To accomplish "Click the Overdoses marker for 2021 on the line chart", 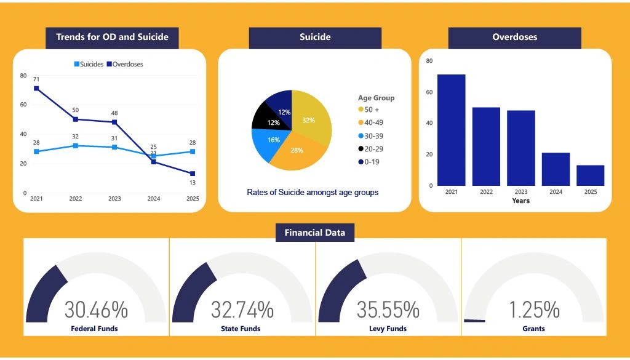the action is coord(36,89).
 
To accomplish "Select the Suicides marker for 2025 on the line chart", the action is coord(193,151).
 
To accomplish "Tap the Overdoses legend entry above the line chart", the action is coord(124,64).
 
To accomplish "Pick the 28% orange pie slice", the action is coord(297,152).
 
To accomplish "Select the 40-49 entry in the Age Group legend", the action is coord(370,122).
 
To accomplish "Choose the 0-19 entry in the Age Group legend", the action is coord(369,162).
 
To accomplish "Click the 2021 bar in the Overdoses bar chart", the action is coord(451,130).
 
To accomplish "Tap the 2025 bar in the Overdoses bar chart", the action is coord(590,175).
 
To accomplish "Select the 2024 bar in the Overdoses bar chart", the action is coord(556,169).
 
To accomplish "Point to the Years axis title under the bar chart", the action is coord(520,201).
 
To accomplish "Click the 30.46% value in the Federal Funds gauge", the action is coord(96,310).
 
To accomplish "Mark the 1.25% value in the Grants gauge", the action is coord(534,310).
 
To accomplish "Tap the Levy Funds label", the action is coord(388,329).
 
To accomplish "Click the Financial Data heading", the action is coord(314,233).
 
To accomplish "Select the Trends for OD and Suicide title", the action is coord(112,37).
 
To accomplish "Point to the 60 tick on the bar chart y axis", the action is coord(429,92).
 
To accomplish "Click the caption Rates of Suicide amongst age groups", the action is coord(313,193).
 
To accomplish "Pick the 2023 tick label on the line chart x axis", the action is coord(114,199).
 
